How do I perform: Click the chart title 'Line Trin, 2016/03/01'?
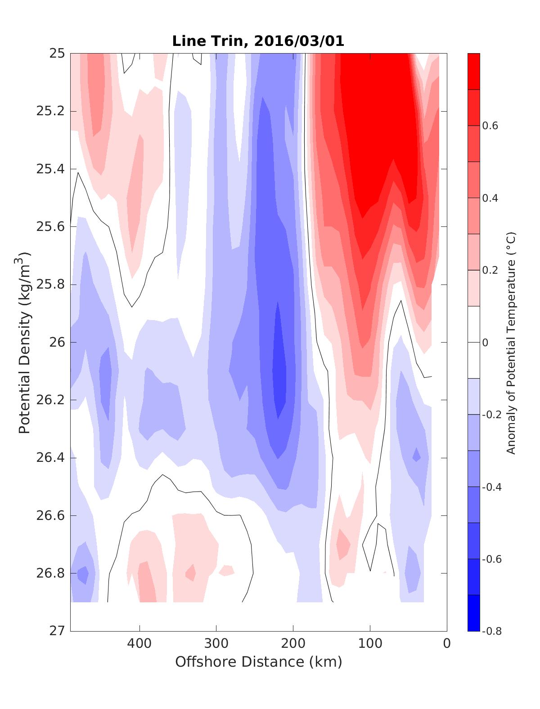(258, 41)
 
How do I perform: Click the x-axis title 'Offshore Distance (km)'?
(258, 661)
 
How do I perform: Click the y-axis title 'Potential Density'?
(25, 342)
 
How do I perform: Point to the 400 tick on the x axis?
(139, 643)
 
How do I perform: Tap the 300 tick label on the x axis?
(216, 643)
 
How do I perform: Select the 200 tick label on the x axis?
(293, 643)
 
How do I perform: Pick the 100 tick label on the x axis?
(370, 643)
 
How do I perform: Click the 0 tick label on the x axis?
(447, 643)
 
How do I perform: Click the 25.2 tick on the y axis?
(50, 111)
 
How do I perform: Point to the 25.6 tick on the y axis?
(50, 226)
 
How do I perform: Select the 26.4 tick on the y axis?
(50, 458)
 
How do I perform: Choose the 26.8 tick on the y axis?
(50, 573)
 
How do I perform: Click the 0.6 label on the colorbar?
(490, 126)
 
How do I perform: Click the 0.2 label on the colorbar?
(490, 270)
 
